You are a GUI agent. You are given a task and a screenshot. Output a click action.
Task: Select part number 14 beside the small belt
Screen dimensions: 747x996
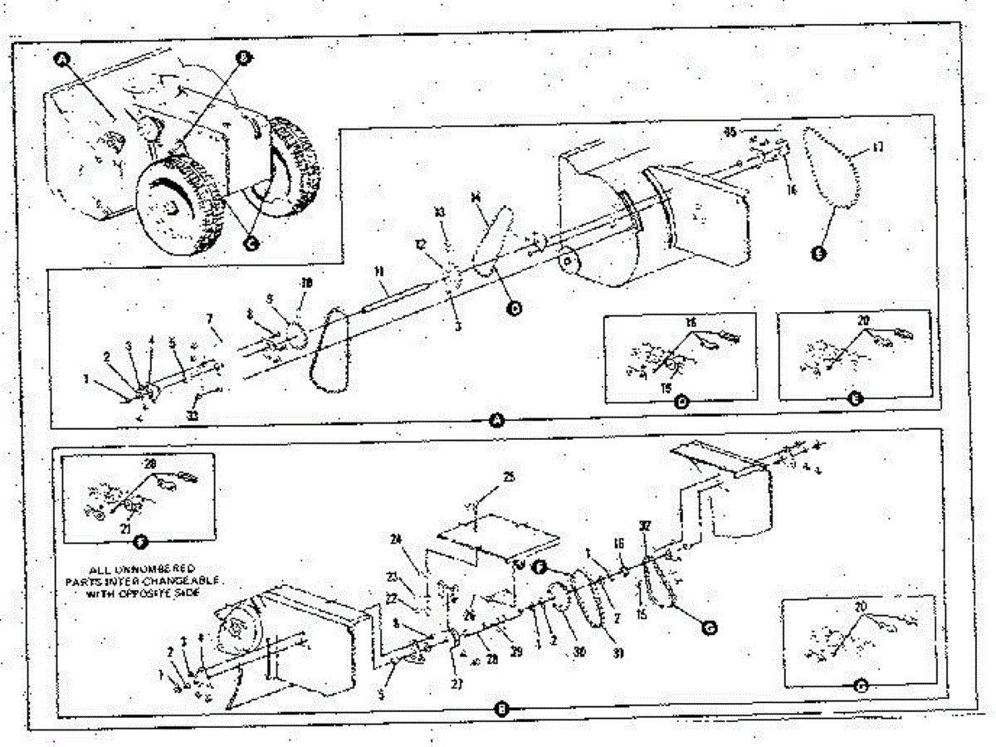(x=476, y=198)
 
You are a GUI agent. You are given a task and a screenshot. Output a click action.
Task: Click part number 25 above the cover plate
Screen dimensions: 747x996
(x=509, y=476)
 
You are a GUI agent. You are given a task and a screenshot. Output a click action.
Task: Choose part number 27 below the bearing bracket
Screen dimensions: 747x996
(x=457, y=684)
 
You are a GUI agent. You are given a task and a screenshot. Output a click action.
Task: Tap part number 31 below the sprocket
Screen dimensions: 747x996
(x=618, y=652)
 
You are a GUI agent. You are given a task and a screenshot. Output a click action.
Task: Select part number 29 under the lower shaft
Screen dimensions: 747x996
(x=515, y=653)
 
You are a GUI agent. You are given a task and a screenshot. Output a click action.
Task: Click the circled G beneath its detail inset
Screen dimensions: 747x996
(x=860, y=686)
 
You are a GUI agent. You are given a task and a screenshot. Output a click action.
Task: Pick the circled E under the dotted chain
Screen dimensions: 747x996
(x=818, y=255)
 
